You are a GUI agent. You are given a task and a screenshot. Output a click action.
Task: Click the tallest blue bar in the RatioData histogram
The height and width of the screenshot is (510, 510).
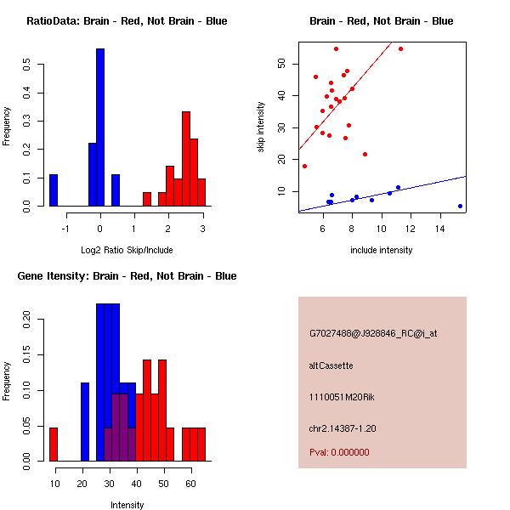[99, 127]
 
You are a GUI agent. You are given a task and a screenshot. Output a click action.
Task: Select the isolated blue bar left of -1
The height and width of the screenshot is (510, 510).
[54, 190]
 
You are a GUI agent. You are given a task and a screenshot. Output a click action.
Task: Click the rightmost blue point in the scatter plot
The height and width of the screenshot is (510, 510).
[460, 206]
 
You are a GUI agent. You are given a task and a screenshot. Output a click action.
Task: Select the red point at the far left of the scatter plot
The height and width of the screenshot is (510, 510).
[304, 166]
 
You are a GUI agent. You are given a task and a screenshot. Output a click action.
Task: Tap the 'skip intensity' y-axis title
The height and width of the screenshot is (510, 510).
[261, 127]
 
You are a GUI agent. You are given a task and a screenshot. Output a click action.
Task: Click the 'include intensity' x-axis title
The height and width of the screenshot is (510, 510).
[382, 250]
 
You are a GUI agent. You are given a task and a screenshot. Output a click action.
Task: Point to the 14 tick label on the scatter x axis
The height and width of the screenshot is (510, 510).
[440, 229]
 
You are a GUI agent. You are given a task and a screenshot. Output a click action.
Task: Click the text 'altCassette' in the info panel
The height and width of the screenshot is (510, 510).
[331, 365]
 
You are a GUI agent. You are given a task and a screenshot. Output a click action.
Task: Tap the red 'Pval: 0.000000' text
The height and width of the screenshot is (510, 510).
[339, 452]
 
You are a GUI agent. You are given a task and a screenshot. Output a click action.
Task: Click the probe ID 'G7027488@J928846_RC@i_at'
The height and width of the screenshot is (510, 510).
[373, 334]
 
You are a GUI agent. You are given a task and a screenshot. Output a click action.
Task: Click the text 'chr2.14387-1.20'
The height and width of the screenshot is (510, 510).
[343, 428]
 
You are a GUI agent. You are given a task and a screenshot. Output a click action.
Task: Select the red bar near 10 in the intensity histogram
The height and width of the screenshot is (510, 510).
[54, 444]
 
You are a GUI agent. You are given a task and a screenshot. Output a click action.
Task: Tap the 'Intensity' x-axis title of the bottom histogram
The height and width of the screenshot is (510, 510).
[127, 505]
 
